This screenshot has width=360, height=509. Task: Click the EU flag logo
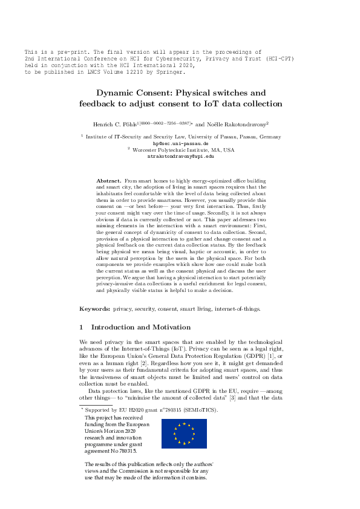pyautogui.click(x=184, y=417)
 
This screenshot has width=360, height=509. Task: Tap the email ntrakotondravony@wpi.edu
pyautogui.click(x=181, y=156)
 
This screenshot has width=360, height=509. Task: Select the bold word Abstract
pyautogui.click(x=108, y=181)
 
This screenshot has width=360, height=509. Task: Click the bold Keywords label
pyautogui.click(x=95, y=308)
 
